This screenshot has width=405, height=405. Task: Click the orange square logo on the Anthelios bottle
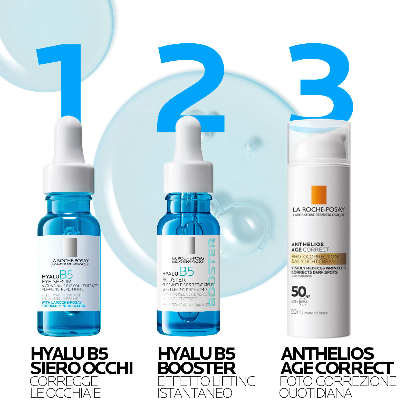point(319,195)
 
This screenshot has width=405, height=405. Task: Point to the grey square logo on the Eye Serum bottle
point(70,247)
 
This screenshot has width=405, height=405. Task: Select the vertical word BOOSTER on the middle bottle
point(212,272)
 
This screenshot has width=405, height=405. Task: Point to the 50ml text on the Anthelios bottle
point(297,312)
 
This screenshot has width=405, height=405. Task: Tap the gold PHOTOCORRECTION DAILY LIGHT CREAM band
point(318,259)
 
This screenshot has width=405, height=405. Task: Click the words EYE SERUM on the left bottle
point(56,281)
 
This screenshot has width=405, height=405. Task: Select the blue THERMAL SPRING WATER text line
point(63,306)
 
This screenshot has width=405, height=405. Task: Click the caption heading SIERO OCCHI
point(82,368)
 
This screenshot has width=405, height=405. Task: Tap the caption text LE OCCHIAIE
point(65,393)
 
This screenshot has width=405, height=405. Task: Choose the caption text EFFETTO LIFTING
point(207,381)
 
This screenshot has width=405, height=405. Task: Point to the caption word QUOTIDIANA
point(316,393)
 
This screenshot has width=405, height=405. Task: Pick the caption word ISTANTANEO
point(195,393)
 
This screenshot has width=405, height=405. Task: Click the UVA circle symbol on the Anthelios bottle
point(303,302)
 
